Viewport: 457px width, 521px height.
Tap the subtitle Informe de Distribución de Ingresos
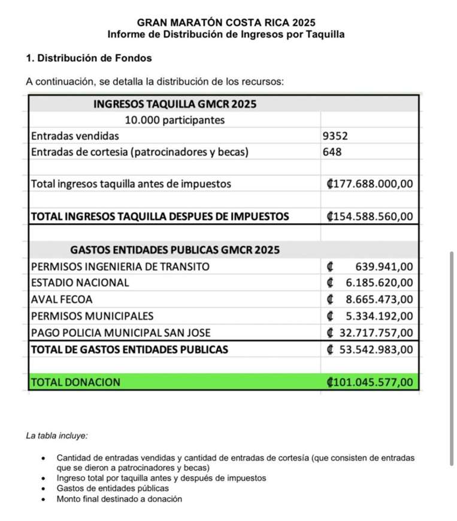(x=226, y=35)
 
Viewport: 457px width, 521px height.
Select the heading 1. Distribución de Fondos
(x=89, y=59)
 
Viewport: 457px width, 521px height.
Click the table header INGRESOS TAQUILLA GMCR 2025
(x=175, y=104)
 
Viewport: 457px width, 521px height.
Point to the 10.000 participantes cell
(x=175, y=120)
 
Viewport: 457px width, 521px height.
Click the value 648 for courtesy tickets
(x=332, y=152)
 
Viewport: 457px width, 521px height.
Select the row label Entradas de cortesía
(x=139, y=152)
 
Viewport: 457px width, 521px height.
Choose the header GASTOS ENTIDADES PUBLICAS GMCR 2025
(x=175, y=249)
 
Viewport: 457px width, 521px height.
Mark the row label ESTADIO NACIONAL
(x=80, y=282)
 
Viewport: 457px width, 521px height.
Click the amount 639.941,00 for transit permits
(x=384, y=266)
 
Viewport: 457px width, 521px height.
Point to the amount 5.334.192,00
(x=379, y=316)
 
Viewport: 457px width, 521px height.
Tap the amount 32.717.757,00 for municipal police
(x=376, y=333)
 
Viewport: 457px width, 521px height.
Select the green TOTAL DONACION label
(x=75, y=382)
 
